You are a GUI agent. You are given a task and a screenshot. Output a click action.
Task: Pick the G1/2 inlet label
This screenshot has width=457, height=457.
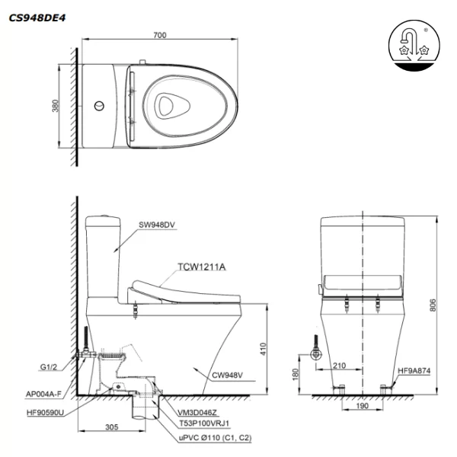coord(50,367)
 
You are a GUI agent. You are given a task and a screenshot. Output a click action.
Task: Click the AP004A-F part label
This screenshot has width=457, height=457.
coord(41,394)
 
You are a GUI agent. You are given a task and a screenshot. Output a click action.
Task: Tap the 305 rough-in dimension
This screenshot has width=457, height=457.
coord(111,428)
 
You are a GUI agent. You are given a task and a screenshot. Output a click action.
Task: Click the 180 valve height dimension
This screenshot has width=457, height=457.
coord(295,375)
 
